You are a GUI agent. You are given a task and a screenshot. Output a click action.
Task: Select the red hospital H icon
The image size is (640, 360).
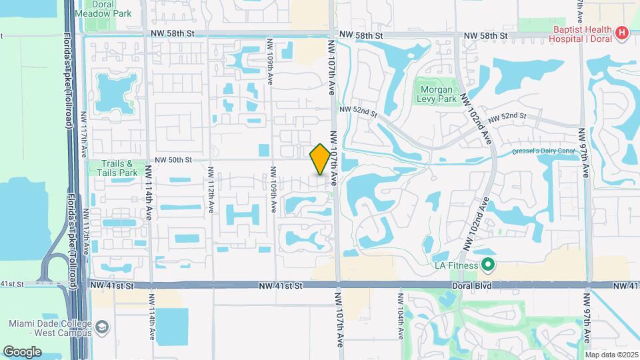click(622, 31)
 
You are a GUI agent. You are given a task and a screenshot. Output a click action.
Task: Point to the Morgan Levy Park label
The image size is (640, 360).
click(437, 95)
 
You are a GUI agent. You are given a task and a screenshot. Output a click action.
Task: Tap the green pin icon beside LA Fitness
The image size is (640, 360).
click(487, 265)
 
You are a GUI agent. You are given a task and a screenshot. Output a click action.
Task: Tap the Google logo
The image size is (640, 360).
click(22, 351)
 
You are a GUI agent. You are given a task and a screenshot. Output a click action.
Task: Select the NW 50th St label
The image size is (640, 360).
click(173, 160)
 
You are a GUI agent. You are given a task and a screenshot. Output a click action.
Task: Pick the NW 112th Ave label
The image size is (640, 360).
click(211, 189)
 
